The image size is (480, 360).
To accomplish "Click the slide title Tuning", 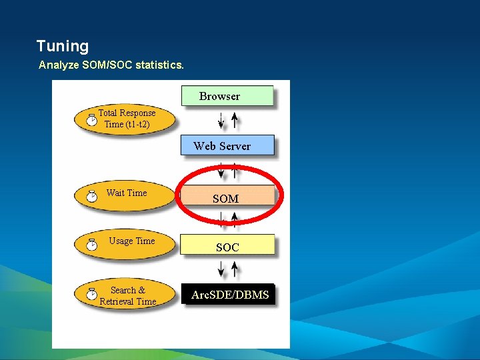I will click(62, 46).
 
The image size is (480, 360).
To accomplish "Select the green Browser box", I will click(227, 96).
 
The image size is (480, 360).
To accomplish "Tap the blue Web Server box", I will click(227, 145).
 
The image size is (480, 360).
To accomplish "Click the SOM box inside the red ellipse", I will click(227, 197).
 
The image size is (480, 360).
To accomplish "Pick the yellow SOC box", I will click(227, 246).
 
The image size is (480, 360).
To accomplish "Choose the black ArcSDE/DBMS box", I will click(228, 294).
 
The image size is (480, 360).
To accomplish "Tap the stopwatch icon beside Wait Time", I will click(91, 195).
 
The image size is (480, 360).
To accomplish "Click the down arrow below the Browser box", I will click(221, 121).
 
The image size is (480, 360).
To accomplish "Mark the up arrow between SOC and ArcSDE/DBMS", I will click(235, 269).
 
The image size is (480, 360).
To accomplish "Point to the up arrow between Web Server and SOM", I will click(235, 171).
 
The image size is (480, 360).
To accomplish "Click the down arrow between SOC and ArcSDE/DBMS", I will click(221, 269).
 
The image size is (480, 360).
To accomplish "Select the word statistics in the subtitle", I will click(160, 65).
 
